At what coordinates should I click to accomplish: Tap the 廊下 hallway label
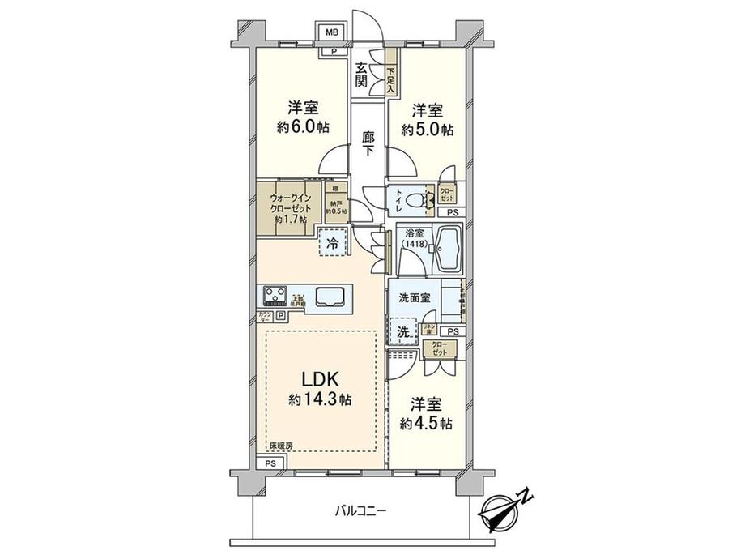368,145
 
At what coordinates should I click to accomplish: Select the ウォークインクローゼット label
289,207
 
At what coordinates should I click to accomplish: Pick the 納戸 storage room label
336,208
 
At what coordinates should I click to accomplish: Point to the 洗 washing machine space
402,330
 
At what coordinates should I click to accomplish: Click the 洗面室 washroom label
413,297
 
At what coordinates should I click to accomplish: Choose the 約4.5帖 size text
425,423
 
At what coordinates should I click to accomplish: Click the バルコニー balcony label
361,510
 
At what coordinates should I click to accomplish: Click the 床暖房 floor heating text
281,446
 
